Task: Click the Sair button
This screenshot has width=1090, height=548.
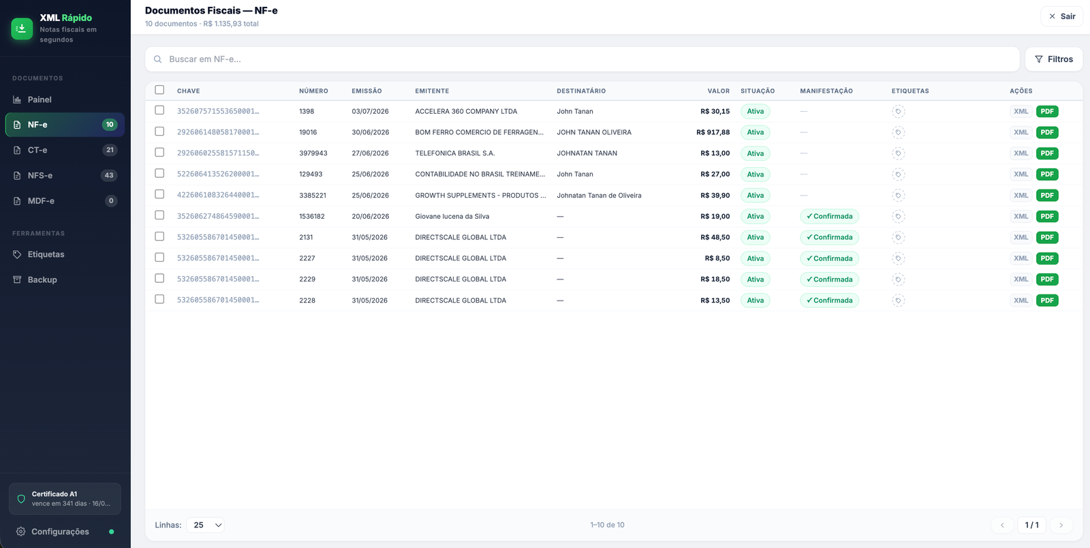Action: point(1062,16)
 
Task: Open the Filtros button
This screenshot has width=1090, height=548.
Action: point(1053,59)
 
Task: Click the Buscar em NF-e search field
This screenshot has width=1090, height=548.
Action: point(582,59)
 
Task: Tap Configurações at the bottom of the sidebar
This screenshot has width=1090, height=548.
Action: point(60,532)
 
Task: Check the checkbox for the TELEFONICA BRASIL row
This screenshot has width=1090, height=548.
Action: point(159,152)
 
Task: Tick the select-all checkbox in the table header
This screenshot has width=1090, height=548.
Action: point(159,90)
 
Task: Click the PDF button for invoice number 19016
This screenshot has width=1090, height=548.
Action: point(1047,132)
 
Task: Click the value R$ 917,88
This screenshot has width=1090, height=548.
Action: point(713,132)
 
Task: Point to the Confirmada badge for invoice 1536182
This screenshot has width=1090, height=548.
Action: point(829,216)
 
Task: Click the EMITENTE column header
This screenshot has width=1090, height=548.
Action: point(432,91)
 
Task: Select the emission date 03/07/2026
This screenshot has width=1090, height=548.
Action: point(371,111)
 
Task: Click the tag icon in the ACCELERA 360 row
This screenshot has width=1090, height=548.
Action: point(899,112)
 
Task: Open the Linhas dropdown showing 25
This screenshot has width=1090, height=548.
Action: point(205,525)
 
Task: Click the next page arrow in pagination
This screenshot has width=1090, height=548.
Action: point(1061,525)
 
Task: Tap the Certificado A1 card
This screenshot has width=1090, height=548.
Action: point(65,498)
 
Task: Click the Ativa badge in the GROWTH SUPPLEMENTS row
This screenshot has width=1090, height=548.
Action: point(756,195)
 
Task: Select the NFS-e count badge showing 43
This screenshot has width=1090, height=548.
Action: point(109,175)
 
